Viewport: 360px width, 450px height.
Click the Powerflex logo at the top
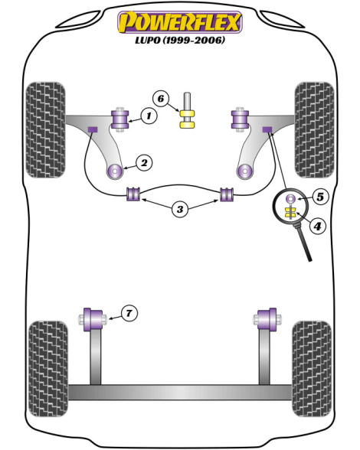180,22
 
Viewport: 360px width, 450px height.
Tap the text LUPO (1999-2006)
180,40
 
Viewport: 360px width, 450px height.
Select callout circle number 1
149,116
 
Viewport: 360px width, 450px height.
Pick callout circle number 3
180,209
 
